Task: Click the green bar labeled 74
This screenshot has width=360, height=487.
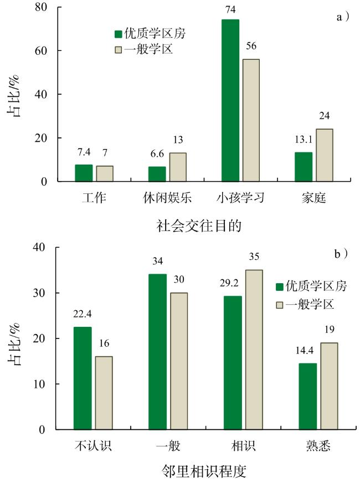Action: tap(230, 100)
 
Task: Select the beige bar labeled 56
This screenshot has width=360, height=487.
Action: tap(251, 120)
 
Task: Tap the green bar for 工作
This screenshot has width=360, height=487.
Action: tap(84, 173)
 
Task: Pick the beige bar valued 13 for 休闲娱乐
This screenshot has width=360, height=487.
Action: tap(178, 167)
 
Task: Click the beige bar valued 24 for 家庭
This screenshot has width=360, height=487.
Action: tap(324, 155)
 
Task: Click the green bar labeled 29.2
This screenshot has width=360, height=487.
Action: tap(233, 363)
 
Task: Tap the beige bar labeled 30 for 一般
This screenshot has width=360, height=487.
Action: tap(178, 361)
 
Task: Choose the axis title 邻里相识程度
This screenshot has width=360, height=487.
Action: tap(204, 471)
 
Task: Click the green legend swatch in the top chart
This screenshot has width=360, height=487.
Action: tap(118, 33)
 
